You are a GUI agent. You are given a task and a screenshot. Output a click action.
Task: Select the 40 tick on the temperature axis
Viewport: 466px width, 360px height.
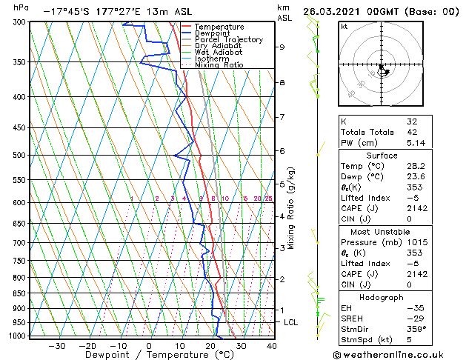[271, 345]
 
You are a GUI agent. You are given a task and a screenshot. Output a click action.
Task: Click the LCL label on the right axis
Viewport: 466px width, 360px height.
[290, 323]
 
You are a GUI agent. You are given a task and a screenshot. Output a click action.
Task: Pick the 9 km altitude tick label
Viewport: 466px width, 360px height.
[282, 47]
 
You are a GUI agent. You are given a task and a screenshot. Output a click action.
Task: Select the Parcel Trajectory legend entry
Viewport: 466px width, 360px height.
[228, 40]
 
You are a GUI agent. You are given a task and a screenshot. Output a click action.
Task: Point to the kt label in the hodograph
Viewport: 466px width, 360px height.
[344, 27]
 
